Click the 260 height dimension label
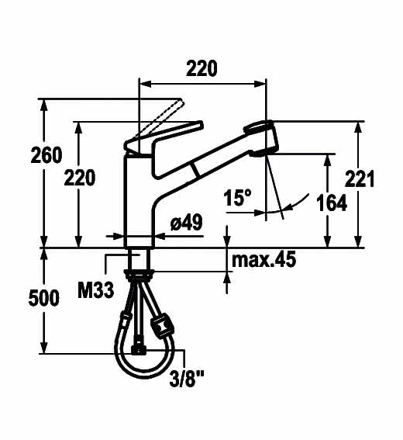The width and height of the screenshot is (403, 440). click(46, 155)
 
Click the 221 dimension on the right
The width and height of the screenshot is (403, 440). click(360, 178)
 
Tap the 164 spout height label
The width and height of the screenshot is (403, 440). click(332, 203)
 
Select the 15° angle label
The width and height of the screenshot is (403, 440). click(238, 197)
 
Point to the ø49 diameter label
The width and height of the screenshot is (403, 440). click(186, 223)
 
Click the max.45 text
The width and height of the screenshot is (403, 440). click(263, 259)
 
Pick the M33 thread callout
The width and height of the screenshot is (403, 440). click(96, 290)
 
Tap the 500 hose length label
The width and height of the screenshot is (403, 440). click(44, 298)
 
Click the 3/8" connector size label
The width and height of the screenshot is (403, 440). click(187, 379)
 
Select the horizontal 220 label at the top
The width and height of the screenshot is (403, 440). click(201, 68)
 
